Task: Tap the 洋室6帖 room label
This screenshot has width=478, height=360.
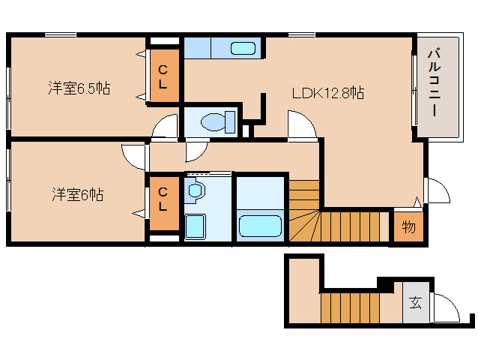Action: point(77,195)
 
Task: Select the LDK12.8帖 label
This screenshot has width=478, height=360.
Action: point(327,93)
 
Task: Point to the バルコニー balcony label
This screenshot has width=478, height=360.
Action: point(434,83)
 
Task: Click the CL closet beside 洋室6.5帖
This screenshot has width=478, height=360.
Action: point(163,76)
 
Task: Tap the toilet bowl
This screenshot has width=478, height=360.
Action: point(217,120)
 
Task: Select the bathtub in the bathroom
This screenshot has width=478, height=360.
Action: point(259,225)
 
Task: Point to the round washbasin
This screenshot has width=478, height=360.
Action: point(195,191)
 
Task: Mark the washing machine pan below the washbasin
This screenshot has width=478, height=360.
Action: point(195,225)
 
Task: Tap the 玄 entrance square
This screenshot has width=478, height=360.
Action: point(416,304)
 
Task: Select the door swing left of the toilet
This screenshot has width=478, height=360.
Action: point(166,127)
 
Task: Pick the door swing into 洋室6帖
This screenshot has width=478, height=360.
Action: point(133,155)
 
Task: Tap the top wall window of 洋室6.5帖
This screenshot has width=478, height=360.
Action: point(60,34)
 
